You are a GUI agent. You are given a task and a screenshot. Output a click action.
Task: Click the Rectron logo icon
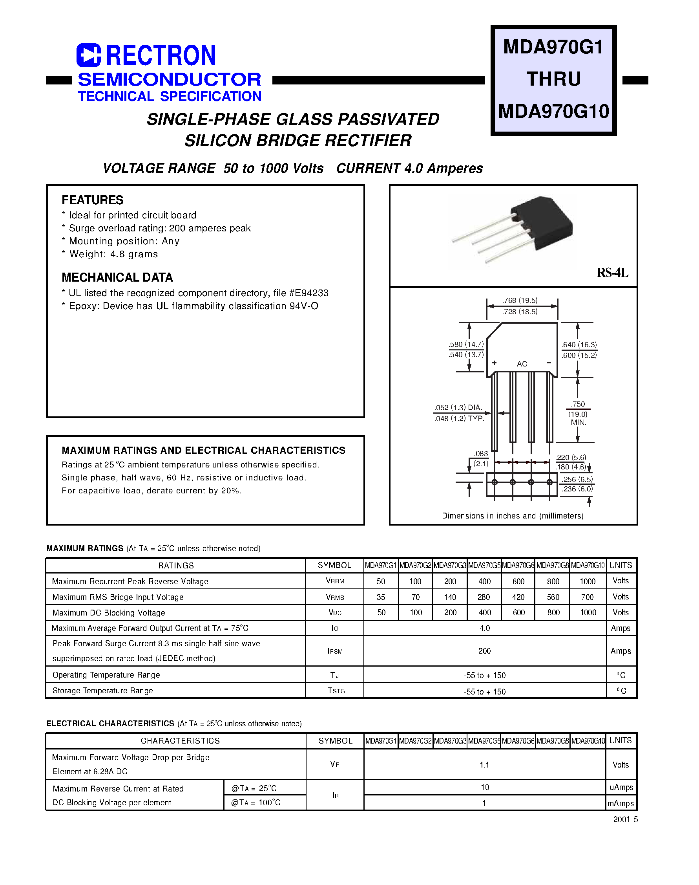(88, 55)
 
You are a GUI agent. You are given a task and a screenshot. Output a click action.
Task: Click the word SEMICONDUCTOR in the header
(169, 79)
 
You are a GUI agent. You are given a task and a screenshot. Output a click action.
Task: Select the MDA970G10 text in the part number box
(553, 111)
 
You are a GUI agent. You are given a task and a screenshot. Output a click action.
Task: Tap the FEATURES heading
(93, 200)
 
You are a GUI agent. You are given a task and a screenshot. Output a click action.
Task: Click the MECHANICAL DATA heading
(117, 277)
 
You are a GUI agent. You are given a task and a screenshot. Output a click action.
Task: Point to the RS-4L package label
(612, 273)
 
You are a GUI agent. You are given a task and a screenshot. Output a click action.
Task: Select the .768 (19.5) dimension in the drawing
(520, 300)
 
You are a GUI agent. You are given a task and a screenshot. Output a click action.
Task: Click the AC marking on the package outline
(522, 364)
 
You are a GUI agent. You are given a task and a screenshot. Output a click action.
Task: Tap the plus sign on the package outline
(495, 363)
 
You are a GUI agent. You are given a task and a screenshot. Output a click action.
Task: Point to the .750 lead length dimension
(578, 404)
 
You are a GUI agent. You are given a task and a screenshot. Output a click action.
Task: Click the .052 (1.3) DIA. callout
(458, 407)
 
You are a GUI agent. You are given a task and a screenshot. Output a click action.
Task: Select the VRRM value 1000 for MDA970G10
(588, 581)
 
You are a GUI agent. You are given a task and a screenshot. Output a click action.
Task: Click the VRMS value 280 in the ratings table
(484, 597)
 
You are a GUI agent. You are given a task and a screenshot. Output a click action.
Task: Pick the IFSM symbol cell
(335, 651)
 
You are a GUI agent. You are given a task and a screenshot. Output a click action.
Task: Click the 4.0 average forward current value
(485, 628)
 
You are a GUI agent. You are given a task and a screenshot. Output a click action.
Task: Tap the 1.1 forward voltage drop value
(485, 764)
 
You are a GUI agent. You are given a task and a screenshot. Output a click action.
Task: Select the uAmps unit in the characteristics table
(621, 787)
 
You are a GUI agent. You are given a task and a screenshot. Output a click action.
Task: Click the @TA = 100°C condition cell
(256, 803)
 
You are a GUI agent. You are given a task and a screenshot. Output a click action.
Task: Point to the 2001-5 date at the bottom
(625, 819)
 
